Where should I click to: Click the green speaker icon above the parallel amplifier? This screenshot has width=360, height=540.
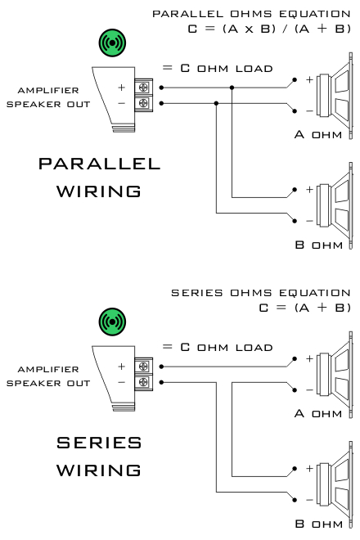[112, 43]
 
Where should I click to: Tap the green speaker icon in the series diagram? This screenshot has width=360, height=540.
[112, 322]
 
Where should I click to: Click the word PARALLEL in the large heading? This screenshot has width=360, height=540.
[99, 164]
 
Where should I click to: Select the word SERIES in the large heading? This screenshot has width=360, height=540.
[99, 443]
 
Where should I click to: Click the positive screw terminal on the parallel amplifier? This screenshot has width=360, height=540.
[143, 87]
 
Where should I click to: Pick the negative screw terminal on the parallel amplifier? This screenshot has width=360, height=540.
[143, 103]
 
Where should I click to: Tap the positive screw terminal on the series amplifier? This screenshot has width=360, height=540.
[143, 366]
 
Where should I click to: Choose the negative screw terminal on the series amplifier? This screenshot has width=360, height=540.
[143, 382]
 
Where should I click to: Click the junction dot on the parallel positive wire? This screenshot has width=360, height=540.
[232, 88]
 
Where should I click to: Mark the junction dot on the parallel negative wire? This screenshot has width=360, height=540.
[216, 103]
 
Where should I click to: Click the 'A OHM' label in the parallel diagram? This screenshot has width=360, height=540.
[318, 134]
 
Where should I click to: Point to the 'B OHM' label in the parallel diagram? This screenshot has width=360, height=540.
[318, 245]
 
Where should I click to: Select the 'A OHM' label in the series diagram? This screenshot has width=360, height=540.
[318, 413]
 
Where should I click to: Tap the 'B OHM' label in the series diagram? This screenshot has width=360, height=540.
[318, 524]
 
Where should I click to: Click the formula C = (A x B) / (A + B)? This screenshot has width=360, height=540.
[269, 29]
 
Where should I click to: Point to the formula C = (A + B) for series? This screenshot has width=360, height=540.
[305, 307]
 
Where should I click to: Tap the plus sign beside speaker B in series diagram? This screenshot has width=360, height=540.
[309, 468]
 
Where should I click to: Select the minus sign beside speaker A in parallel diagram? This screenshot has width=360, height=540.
[309, 111]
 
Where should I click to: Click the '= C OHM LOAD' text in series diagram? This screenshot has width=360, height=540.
[218, 347]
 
